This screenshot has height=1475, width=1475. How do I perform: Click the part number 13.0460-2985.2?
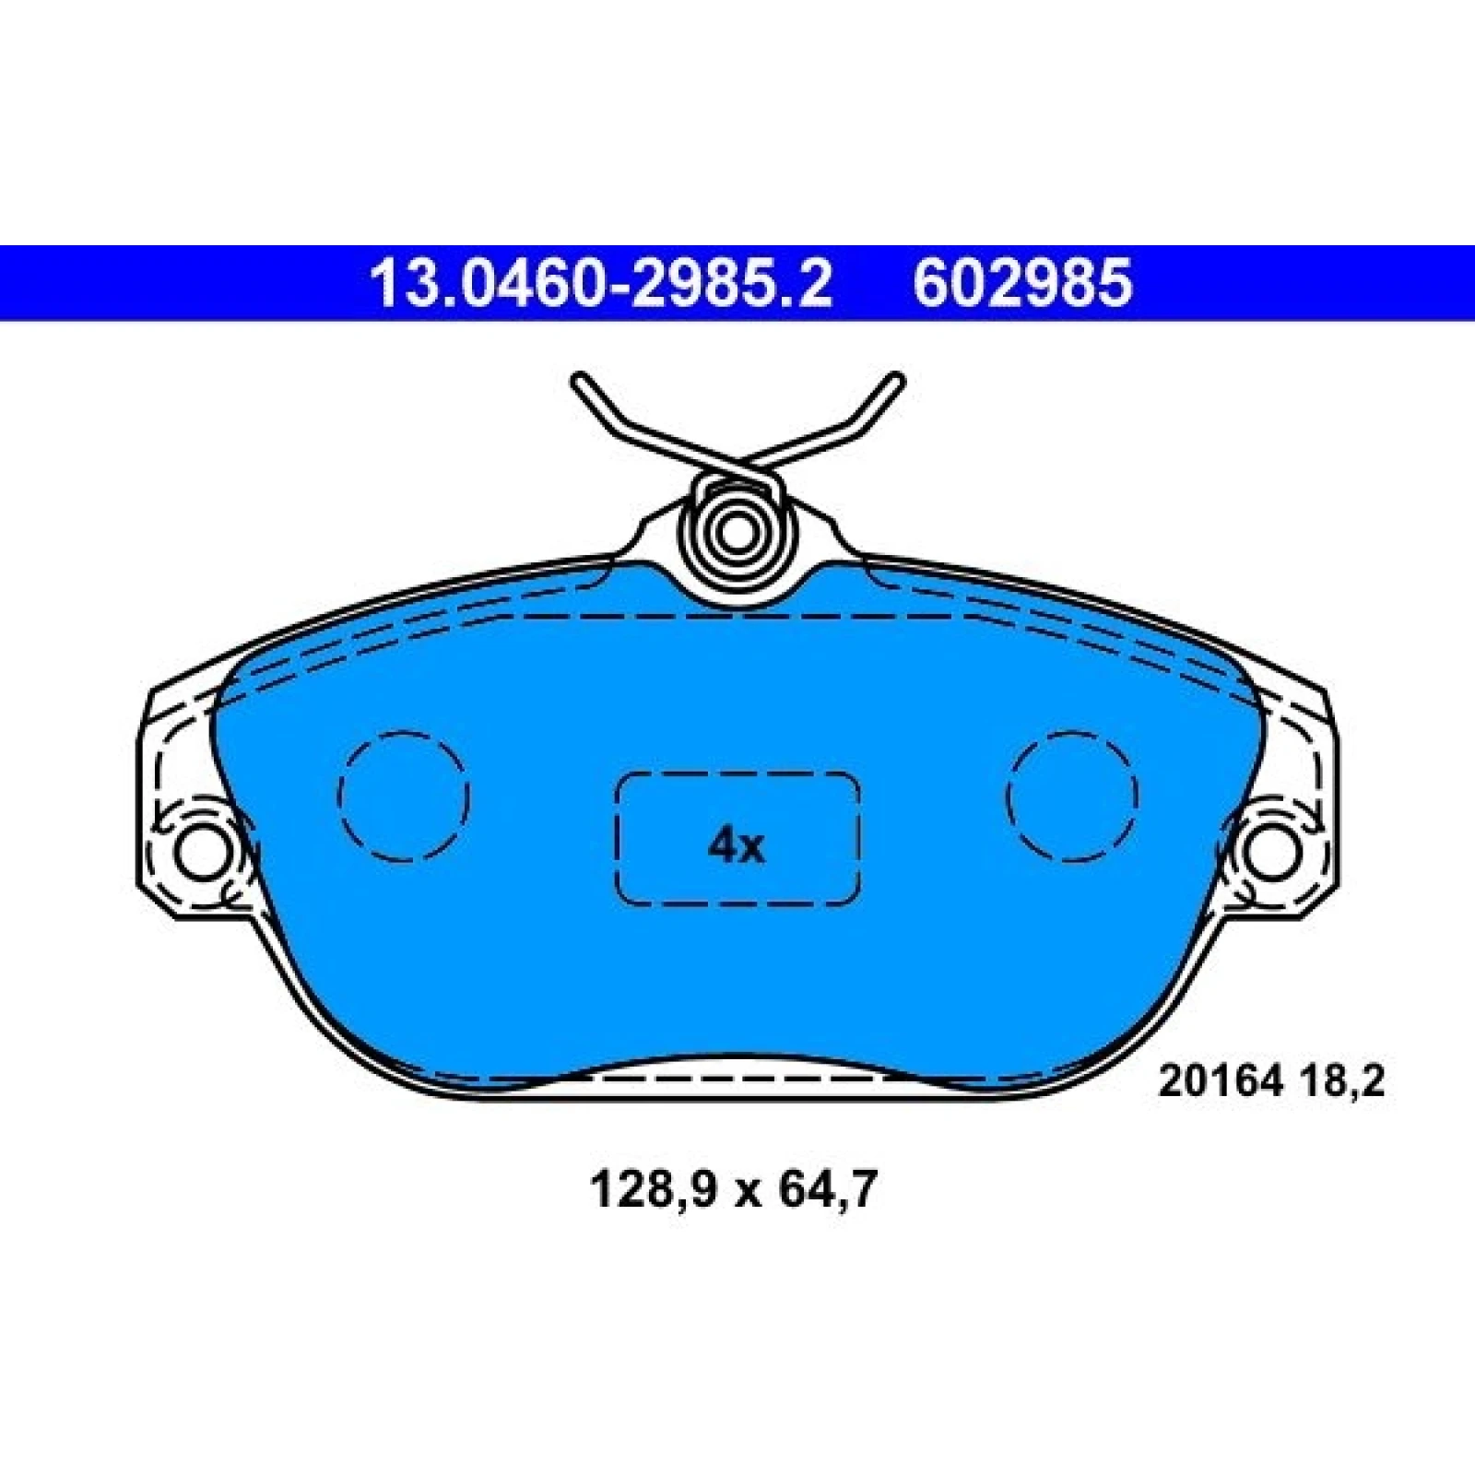pos(600,283)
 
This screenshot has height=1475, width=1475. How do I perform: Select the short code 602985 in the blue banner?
pos(1021,283)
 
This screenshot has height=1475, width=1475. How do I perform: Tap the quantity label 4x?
pos(736,845)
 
